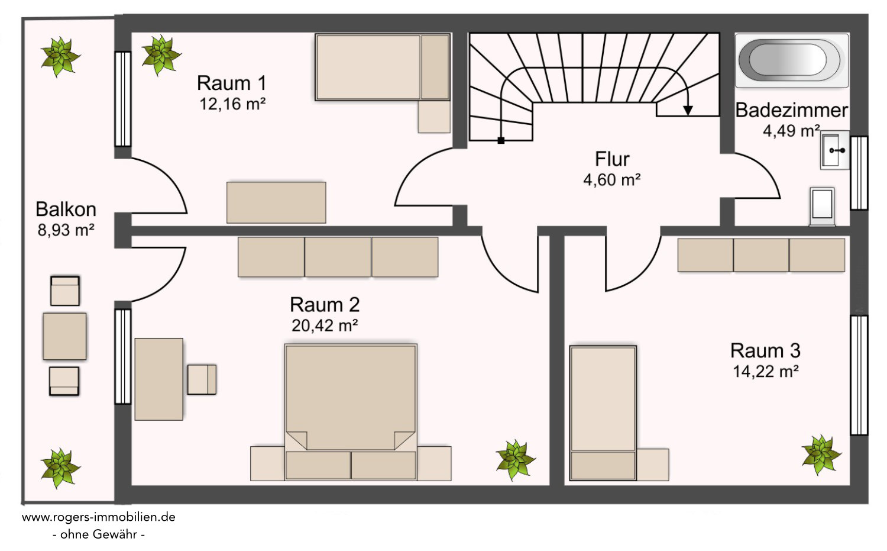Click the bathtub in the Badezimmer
click(x=792, y=60)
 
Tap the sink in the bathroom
click(x=835, y=150)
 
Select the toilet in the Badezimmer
click(x=822, y=207)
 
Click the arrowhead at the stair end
click(x=688, y=111)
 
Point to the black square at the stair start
click(x=501, y=140)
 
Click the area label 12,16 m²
click(x=232, y=104)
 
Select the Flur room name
click(x=612, y=159)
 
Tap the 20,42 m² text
click(x=325, y=326)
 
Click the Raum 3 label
click(x=765, y=351)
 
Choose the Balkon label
click(x=66, y=210)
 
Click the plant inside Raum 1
click(x=161, y=55)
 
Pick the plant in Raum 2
click(x=516, y=460)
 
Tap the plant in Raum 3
click(x=821, y=455)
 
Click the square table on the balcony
click(x=64, y=336)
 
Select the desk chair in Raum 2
click(x=202, y=379)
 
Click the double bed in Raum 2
click(x=351, y=413)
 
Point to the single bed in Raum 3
click(x=603, y=413)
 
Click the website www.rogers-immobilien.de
click(x=99, y=517)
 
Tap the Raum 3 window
click(x=859, y=375)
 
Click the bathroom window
click(x=859, y=173)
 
